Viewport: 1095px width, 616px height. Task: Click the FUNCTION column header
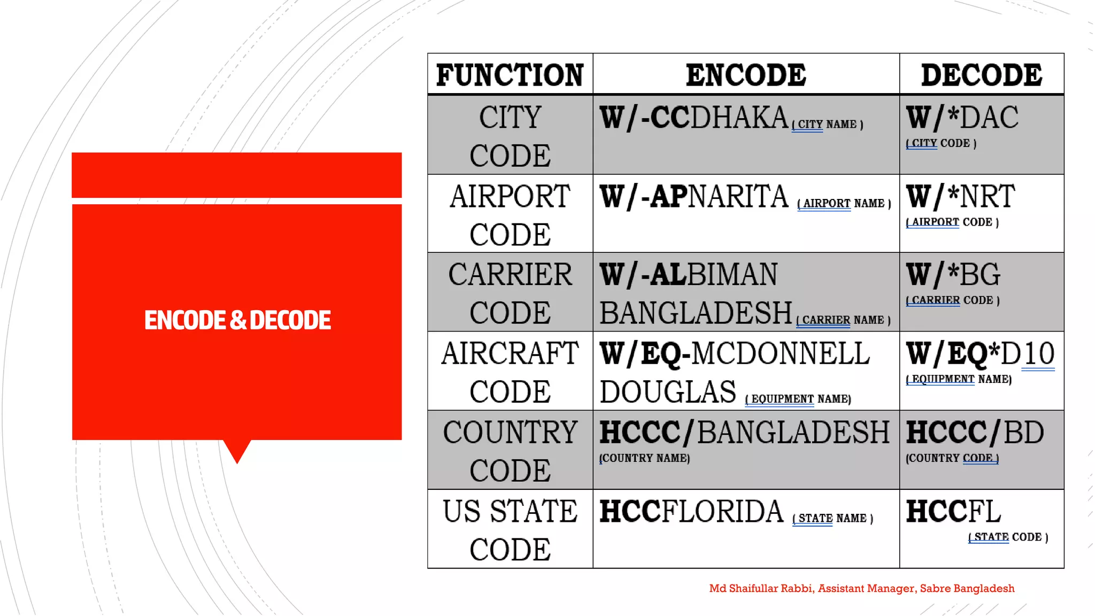(510, 75)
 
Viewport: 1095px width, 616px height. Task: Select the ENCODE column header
(746, 75)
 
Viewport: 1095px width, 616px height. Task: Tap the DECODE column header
(981, 75)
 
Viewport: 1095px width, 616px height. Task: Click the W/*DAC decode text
(962, 118)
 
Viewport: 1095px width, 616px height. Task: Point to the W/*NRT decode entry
(960, 196)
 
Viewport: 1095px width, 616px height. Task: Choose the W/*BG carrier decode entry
(953, 275)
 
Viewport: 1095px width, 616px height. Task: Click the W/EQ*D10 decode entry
(980, 353)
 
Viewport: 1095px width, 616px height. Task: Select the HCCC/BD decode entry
(974, 433)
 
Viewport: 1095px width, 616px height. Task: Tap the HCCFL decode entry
(953, 511)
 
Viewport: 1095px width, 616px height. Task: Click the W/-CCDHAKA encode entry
(693, 118)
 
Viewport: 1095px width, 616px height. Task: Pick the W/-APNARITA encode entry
(693, 196)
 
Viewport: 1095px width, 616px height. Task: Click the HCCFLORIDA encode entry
(691, 511)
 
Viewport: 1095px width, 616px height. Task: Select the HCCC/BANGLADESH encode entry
(744, 433)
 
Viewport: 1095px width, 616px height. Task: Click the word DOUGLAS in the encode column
(668, 392)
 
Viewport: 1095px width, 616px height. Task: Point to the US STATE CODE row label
(510, 529)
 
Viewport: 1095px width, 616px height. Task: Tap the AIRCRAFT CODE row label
(510, 372)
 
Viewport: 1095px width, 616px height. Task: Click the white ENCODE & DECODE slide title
(237, 320)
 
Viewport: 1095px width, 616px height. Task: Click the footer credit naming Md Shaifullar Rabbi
(861, 589)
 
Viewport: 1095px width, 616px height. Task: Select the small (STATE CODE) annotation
(1008, 537)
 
